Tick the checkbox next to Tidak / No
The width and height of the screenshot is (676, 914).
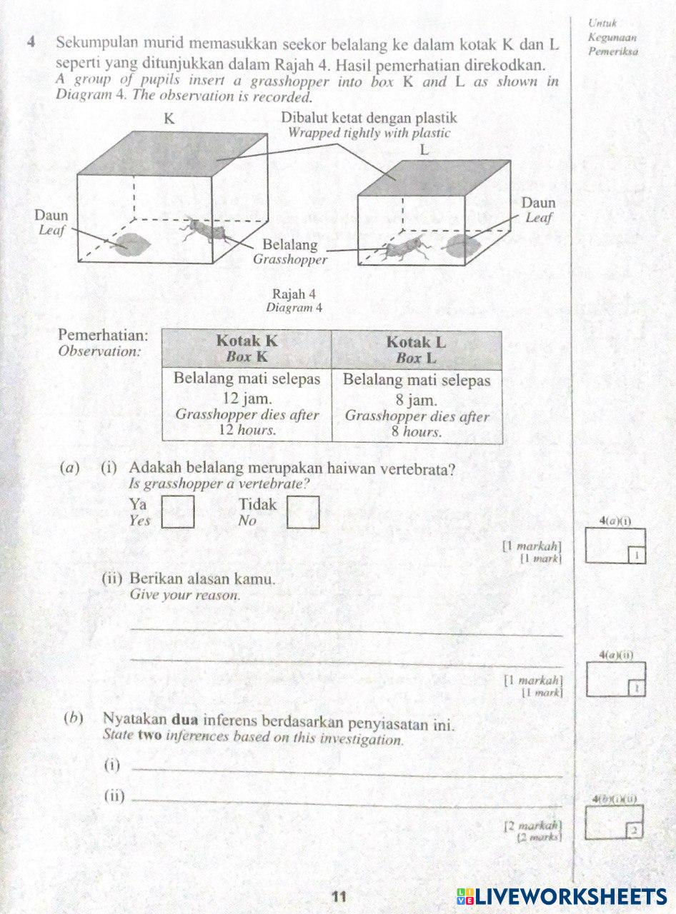coord(303,511)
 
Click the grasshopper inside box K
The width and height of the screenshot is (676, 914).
coord(206,230)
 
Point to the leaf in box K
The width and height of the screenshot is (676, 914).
coord(131,243)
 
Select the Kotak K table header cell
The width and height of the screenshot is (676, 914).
coord(247,348)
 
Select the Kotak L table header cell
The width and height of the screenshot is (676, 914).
coord(417,349)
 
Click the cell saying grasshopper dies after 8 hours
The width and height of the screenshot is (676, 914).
coord(417,406)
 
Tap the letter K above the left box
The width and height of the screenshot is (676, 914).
coord(169,119)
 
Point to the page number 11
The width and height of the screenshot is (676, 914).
coord(339,896)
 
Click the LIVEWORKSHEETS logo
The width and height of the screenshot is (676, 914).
coord(561,897)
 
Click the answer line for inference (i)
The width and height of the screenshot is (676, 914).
coord(347,772)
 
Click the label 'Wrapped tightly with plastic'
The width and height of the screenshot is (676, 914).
coord(369,133)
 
